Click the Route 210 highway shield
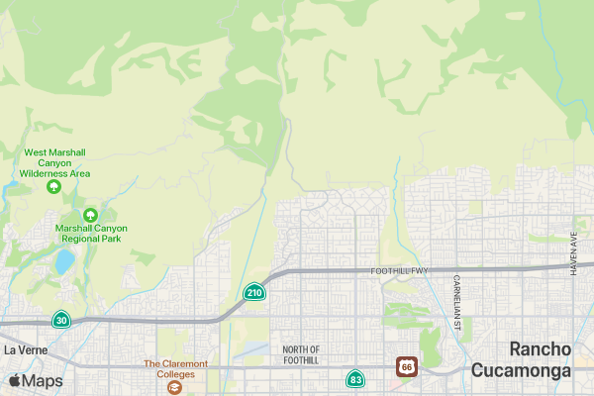[254, 292]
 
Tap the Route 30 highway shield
[61, 320]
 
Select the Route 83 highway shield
[355, 379]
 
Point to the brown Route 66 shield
[407, 366]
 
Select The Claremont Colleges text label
[175, 364]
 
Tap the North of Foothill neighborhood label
[301, 354]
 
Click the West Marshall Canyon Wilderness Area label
[54, 162]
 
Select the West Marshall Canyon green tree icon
[54, 185]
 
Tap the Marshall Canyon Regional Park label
[91, 233]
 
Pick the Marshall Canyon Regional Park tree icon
[90, 214]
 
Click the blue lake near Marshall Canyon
[63, 261]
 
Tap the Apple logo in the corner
[15, 381]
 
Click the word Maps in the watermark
[42, 381]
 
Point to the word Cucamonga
[522, 370]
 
